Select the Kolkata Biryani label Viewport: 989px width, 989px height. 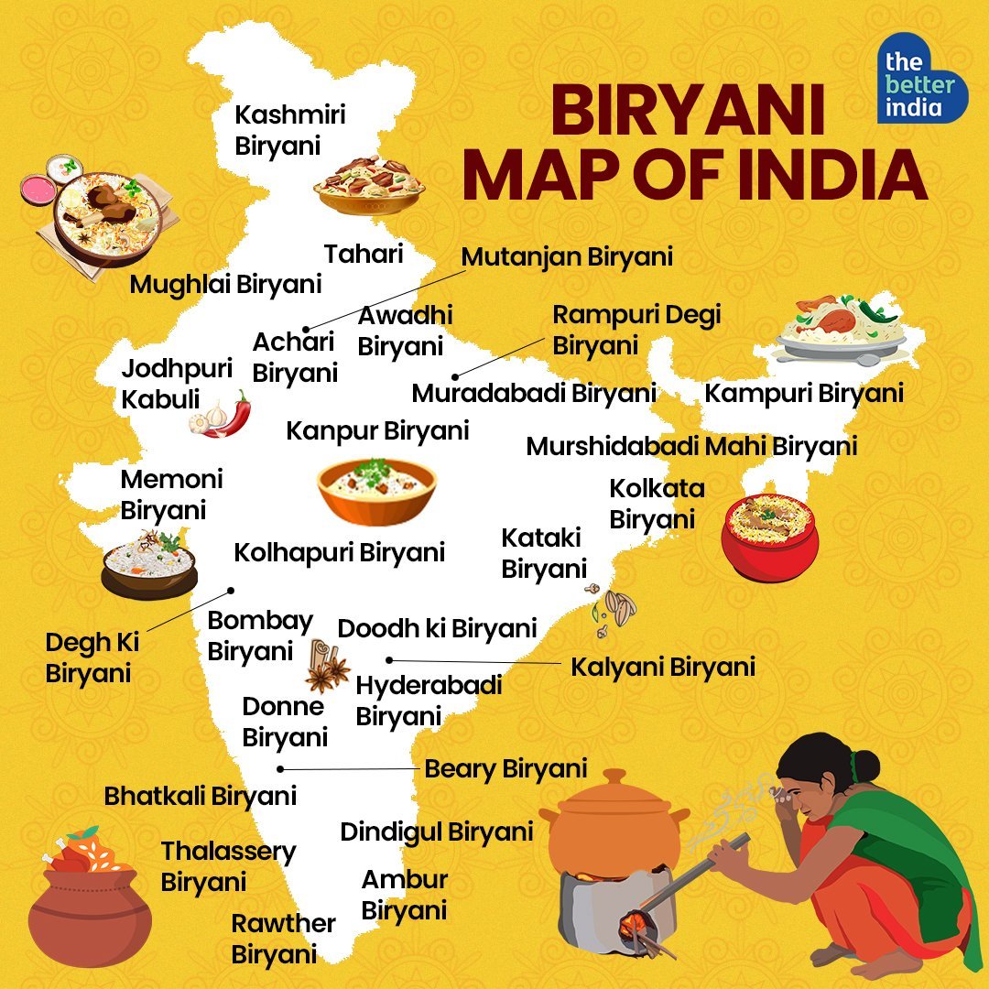657,503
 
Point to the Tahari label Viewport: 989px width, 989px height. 364,254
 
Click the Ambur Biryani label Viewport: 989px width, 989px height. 405,896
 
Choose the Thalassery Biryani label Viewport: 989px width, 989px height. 228,866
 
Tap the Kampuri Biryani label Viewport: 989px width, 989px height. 803,394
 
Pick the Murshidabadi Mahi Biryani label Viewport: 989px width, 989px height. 691,447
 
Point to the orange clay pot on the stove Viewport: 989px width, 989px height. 613,820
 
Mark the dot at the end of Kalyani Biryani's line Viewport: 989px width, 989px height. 389,659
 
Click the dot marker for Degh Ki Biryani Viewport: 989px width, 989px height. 232,591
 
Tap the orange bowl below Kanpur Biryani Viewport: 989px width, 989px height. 377,493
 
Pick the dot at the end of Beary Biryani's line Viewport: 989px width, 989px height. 281,769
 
